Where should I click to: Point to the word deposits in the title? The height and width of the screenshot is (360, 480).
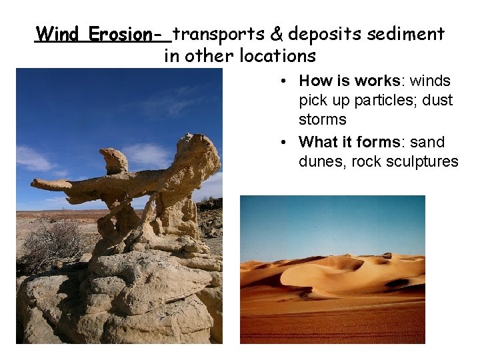point(320,34)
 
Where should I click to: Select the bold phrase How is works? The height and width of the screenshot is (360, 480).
point(349,81)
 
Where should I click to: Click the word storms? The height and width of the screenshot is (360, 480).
point(322,120)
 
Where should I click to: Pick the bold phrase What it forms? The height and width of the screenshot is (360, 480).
point(352,142)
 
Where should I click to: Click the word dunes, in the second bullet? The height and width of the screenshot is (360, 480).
point(321,161)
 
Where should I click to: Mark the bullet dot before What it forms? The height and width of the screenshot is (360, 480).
point(284,143)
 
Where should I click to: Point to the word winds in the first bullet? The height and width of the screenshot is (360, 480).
point(430,81)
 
